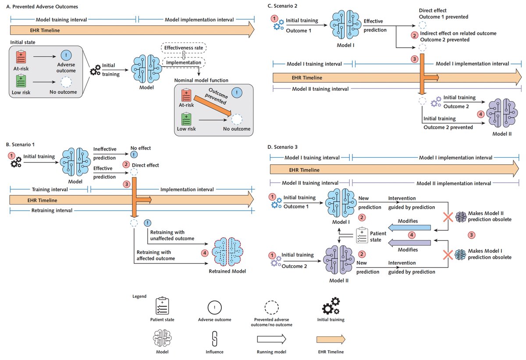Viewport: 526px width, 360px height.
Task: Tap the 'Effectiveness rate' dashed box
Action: [x=183, y=48]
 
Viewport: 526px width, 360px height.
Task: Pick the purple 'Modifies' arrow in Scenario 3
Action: [x=410, y=242]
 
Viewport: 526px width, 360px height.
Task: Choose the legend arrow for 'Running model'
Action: [x=271, y=338]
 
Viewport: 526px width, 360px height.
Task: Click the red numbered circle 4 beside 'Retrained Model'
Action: [x=204, y=253]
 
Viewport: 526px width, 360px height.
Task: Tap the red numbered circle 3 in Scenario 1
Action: [x=127, y=184]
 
